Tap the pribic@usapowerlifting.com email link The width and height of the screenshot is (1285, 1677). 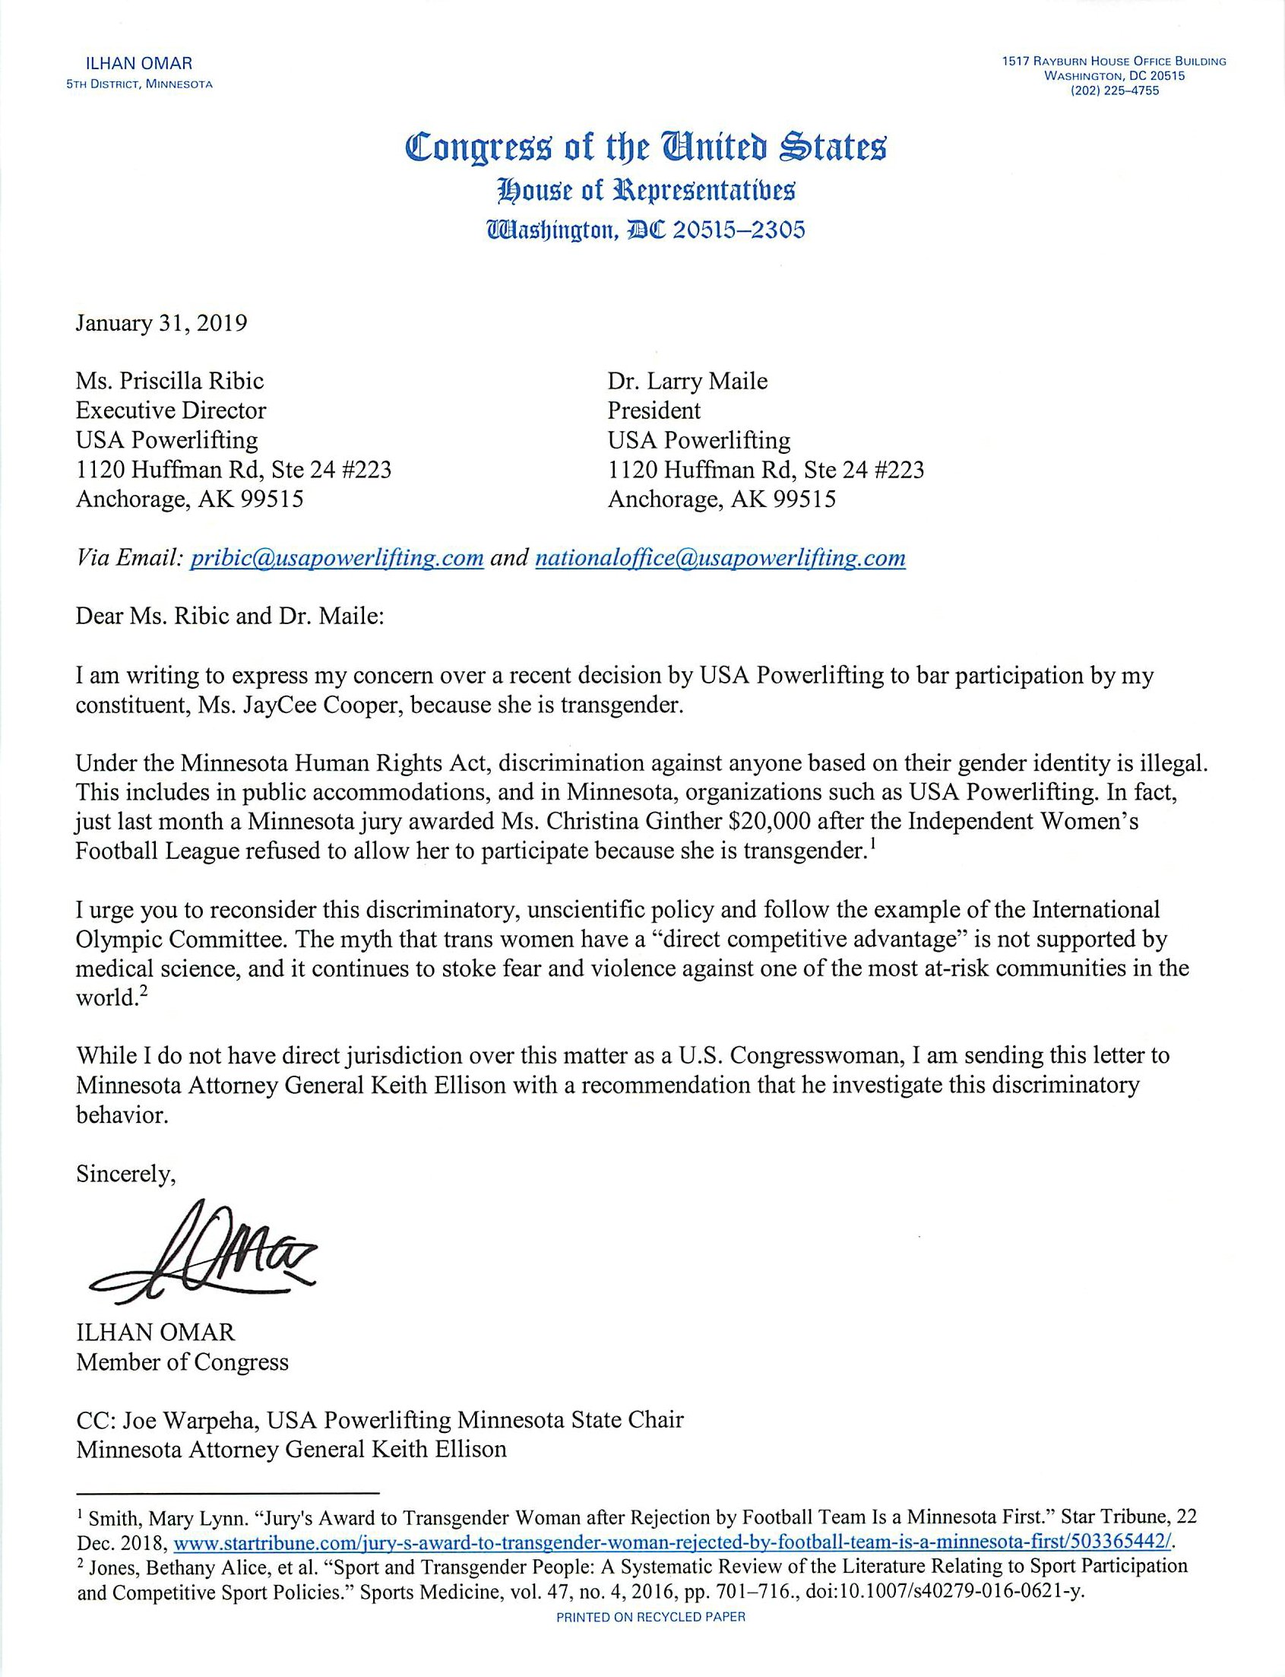pyautogui.click(x=337, y=558)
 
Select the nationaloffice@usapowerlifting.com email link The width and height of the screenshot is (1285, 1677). pyautogui.click(x=720, y=558)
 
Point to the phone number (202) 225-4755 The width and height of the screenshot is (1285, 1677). pyautogui.click(x=1114, y=90)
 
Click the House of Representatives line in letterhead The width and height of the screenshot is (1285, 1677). pyautogui.click(x=646, y=190)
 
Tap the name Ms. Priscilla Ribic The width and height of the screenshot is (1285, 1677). pyautogui.click(x=169, y=380)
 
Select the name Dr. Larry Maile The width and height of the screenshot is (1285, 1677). pyautogui.click(x=688, y=380)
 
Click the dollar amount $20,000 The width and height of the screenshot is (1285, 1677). pyautogui.click(x=771, y=822)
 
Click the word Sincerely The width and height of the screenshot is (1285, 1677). pyautogui.click(x=126, y=1175)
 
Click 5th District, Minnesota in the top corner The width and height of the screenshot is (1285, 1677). pyautogui.click(x=139, y=84)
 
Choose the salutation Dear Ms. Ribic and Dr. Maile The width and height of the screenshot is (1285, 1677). pyautogui.click(x=229, y=616)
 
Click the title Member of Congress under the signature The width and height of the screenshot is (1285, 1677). pyautogui.click(x=182, y=1362)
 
